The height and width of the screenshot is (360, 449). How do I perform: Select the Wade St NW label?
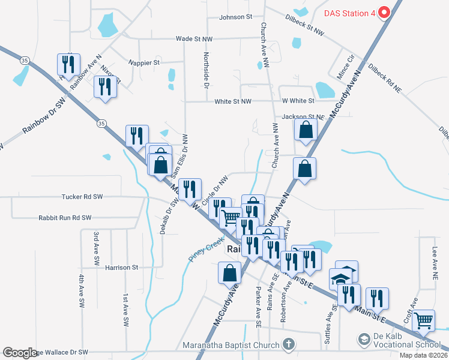[x=194, y=38]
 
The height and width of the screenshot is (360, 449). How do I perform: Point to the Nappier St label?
[x=144, y=62]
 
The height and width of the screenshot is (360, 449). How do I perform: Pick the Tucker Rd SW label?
[x=82, y=196]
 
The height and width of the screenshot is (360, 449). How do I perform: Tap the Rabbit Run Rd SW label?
[x=65, y=218]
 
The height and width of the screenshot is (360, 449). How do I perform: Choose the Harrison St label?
[x=122, y=267]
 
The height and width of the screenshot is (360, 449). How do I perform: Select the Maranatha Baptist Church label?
[x=231, y=345]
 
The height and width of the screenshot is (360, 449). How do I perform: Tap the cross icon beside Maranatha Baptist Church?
[x=288, y=344]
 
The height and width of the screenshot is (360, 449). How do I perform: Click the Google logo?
[x=20, y=353]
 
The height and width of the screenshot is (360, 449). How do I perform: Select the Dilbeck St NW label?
[x=309, y=23]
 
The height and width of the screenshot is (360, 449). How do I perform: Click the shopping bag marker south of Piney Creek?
[x=229, y=273]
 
